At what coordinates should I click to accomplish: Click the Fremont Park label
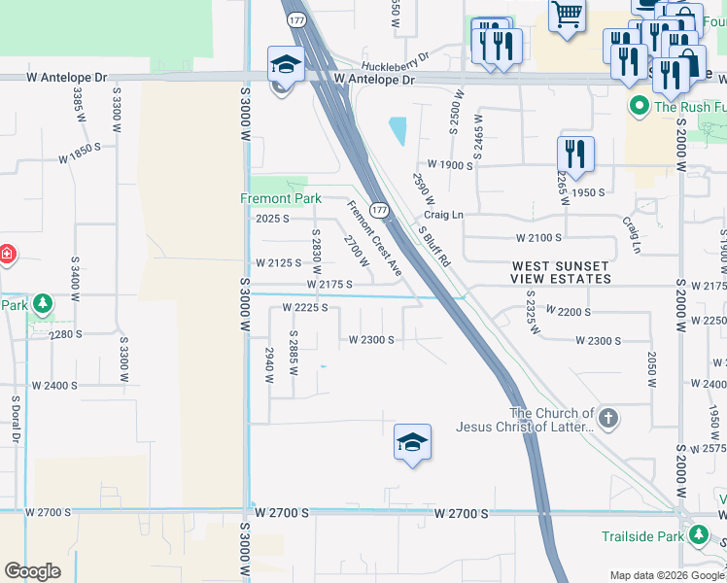coord(281,199)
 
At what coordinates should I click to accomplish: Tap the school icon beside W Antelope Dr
coord(286,65)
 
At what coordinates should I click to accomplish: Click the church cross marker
coord(607,420)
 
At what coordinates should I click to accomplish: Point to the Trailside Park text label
coord(642,535)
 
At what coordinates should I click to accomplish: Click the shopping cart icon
coord(567,15)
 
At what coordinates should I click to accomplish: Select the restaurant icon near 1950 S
coord(575,154)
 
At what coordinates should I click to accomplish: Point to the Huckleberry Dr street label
coord(395,56)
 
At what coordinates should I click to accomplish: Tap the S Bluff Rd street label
coord(434,248)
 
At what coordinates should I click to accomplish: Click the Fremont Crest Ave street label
coord(375,238)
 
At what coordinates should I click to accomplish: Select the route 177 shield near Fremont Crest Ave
coord(380,210)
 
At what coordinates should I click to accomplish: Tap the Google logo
coord(32,571)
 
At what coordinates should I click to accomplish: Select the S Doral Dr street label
coord(16,419)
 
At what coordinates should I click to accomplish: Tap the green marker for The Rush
coord(639,106)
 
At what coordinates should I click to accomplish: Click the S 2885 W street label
coord(292,355)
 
